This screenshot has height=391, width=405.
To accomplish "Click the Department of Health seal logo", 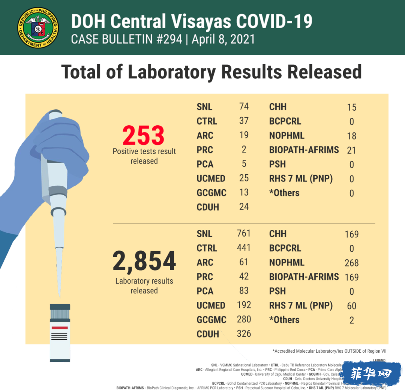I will point(38,27).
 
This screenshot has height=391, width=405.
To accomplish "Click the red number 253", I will point(144,136).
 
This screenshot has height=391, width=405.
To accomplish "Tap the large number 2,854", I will point(144,262).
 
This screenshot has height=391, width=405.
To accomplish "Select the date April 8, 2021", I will point(223,39).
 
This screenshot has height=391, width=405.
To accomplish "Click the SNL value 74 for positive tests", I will point(244,106).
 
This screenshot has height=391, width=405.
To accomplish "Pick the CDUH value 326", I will point(244,334).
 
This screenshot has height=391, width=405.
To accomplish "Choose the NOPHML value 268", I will point(351,263).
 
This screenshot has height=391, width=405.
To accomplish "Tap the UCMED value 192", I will point(244,305).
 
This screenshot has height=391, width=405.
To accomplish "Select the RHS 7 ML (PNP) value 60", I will point(351,306).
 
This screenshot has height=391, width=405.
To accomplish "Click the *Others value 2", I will point(351,320).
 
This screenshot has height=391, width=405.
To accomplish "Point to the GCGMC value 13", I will point(244,192).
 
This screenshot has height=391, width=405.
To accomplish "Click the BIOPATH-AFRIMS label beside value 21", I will point(304,150).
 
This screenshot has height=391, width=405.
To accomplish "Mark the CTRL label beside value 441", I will point(207,248).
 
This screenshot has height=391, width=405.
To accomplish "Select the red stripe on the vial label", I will point(59,328).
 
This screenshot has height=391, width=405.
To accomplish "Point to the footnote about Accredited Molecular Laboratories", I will point(329,351).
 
